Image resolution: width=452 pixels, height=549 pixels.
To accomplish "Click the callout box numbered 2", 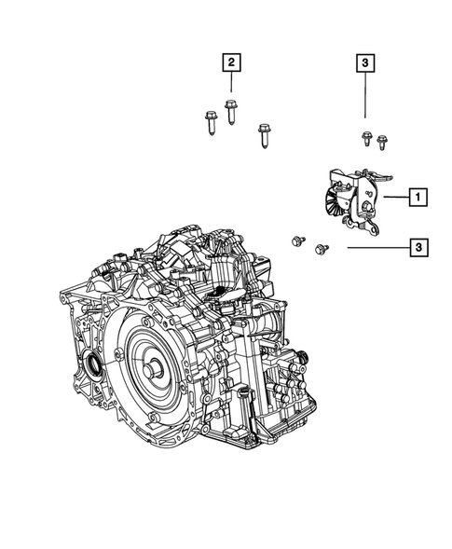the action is click(x=231, y=62).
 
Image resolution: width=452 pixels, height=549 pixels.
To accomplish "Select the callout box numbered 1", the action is click(x=418, y=197).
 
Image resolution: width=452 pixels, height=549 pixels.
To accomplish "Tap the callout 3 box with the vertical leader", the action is click(x=365, y=63).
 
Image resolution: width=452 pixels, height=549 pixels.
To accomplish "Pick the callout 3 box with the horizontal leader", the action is click(x=418, y=248).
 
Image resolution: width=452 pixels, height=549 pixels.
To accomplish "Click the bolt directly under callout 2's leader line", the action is click(x=230, y=112).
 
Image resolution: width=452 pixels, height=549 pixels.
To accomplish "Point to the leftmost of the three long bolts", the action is click(x=211, y=123).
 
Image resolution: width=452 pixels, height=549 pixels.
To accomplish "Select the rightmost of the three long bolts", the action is click(x=265, y=136).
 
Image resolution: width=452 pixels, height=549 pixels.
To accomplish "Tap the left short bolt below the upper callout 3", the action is click(x=366, y=139).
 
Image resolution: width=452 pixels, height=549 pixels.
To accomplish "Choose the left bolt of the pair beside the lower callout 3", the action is click(x=298, y=240).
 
